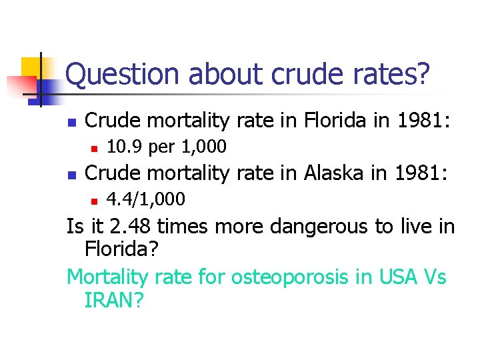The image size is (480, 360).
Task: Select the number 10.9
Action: (125, 147)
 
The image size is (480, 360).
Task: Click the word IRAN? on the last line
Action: (114, 301)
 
